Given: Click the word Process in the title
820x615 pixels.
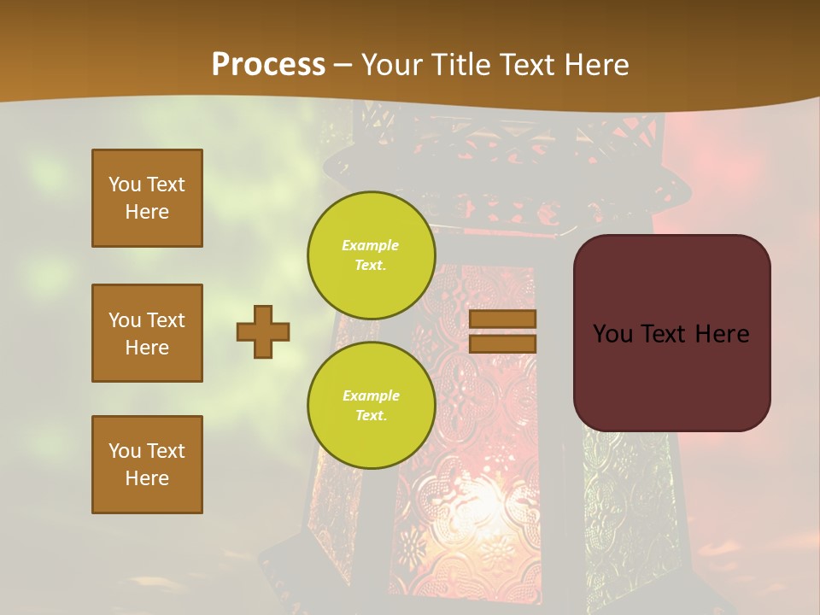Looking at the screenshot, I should pos(268,64).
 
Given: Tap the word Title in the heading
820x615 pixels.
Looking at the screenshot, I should pos(461,65).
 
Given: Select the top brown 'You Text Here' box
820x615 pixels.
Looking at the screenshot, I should pos(147,198).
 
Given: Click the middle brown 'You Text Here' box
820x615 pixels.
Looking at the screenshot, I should pos(147,333).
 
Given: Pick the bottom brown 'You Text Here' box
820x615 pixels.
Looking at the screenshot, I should pos(147,465).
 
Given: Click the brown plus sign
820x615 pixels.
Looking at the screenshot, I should pos(263,331).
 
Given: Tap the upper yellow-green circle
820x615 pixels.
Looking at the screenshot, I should pos(371,255).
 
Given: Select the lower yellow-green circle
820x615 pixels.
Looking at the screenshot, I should pos(371,406).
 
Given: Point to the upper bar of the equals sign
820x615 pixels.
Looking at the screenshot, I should pos(503,319).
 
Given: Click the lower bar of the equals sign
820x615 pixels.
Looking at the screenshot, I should pos(503,343).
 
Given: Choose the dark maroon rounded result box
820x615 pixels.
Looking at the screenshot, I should pos(671,376).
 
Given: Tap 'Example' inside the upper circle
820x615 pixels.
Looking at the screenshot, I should pos(371,245).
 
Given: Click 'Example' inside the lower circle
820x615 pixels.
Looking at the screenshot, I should pos(371,395).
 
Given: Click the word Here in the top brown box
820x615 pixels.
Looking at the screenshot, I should pos(147,212).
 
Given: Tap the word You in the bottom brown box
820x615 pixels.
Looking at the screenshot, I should pos(124,451).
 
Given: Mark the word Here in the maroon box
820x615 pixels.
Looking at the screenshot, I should pos(722,334).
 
